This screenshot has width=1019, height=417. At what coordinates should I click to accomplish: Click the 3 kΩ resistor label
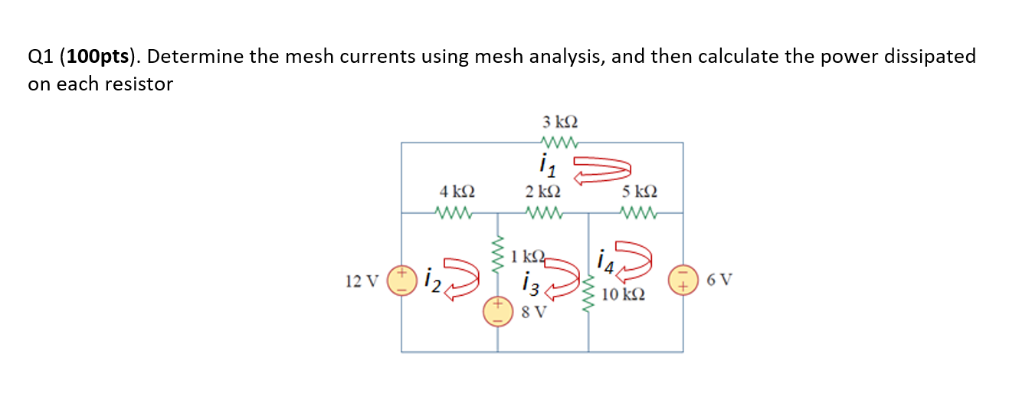tap(559, 122)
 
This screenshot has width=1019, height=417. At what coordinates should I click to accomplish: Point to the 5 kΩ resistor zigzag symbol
tap(639, 212)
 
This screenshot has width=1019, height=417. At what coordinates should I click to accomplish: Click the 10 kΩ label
tap(623, 294)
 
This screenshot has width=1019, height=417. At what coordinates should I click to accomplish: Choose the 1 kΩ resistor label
tap(529, 254)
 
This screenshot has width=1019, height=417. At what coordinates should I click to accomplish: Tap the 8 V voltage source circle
tap(496, 310)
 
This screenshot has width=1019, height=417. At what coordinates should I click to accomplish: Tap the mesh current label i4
tap(604, 265)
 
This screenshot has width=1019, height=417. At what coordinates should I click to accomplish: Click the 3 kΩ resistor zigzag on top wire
tap(559, 142)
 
